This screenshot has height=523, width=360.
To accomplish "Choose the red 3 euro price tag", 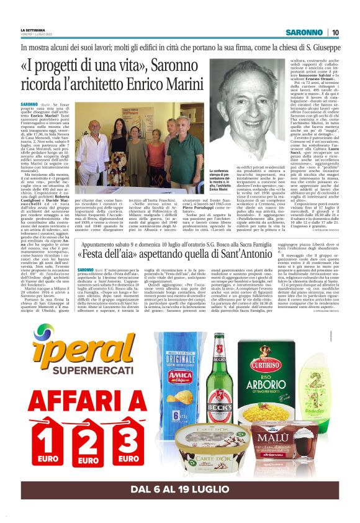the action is click(x=128, y=442).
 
